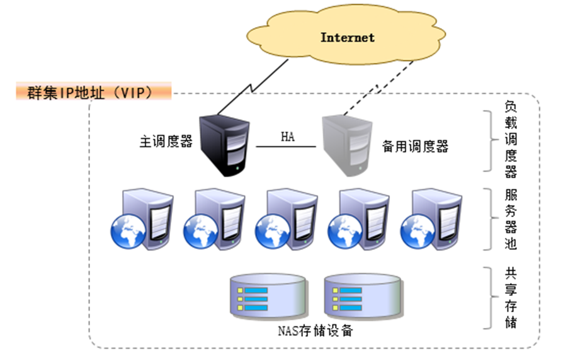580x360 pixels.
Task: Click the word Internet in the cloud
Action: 347,38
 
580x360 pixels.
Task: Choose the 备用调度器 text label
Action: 415,147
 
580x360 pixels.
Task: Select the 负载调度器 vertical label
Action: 511,140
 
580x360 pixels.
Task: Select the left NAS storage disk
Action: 270,298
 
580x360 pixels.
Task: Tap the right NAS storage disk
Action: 361,298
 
